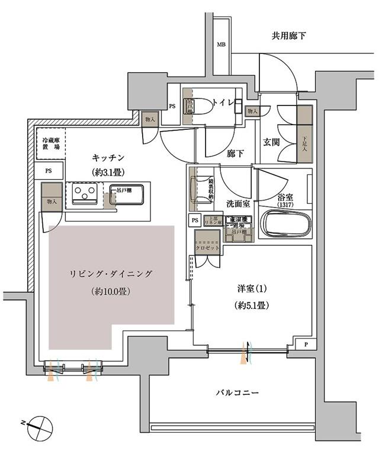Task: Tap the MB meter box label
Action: pyautogui.click(x=220, y=45)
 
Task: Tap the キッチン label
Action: pyautogui.click(x=107, y=158)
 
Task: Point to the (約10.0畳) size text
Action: pyautogui.click(x=111, y=291)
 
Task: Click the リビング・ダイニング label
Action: pyautogui.click(x=111, y=274)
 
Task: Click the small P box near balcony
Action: pyautogui.click(x=306, y=344)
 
